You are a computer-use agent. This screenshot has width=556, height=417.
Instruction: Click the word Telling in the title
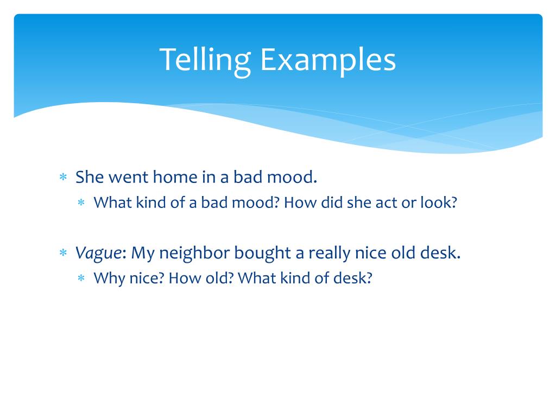(x=205, y=60)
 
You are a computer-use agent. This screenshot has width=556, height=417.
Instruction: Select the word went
(x=129, y=177)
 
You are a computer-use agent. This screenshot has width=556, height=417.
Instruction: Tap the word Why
(x=106, y=279)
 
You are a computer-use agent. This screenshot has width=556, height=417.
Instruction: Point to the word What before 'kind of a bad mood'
(x=111, y=203)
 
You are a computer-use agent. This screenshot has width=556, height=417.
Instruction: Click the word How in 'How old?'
(x=181, y=279)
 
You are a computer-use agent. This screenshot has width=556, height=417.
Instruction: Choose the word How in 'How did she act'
(x=296, y=203)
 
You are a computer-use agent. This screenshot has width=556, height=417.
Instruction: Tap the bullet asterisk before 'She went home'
(x=63, y=178)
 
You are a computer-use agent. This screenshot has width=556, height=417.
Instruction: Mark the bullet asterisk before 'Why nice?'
(x=81, y=279)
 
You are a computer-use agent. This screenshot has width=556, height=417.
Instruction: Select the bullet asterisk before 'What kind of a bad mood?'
(x=81, y=203)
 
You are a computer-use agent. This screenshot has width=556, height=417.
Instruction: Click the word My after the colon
(x=143, y=253)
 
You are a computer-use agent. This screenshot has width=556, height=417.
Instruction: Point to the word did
(x=329, y=203)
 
